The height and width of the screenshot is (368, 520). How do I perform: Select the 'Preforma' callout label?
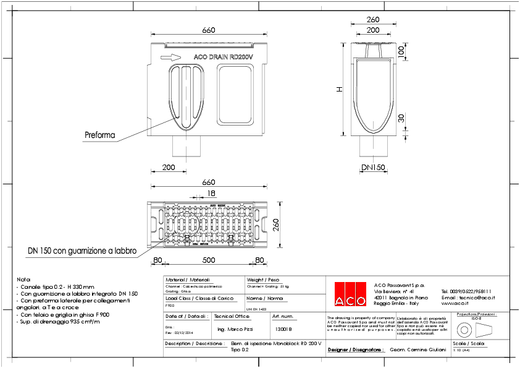coord(98,134)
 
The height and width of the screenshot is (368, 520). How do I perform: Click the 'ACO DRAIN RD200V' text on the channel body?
coord(223,57)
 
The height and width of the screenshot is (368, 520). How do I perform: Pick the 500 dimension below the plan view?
coord(209,260)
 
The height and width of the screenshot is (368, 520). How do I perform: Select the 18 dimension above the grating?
coord(195,194)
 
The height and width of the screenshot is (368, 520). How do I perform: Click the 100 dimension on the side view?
coord(401,53)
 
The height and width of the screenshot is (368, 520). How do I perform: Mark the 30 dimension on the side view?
coord(401,118)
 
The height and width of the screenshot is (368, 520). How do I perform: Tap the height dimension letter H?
coord(338,89)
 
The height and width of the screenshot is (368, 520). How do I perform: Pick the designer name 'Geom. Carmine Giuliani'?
coord(418,349)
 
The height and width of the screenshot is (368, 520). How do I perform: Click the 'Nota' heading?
coord(23,280)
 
